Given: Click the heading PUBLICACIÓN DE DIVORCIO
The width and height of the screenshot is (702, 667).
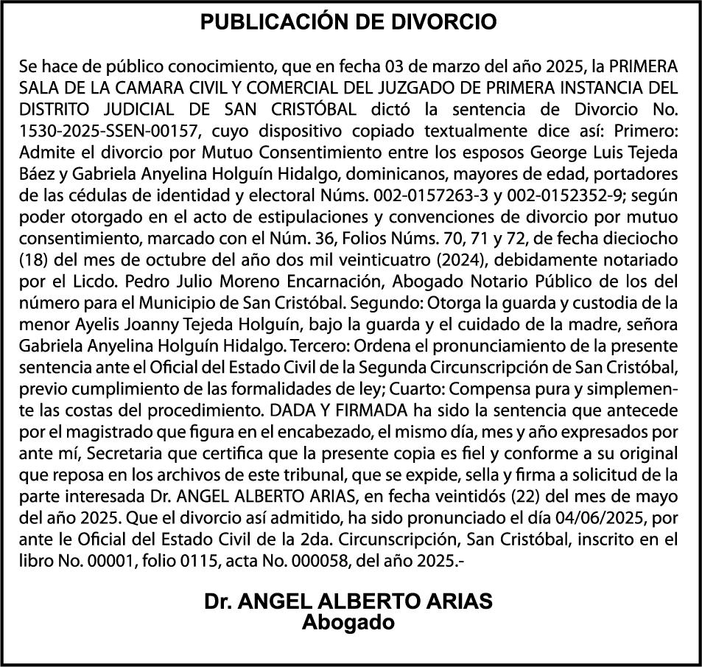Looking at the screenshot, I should [349, 22].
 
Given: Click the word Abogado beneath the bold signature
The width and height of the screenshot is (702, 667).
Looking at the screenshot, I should [349, 622].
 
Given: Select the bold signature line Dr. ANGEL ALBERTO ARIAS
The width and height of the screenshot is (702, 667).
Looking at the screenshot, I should [349, 602].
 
